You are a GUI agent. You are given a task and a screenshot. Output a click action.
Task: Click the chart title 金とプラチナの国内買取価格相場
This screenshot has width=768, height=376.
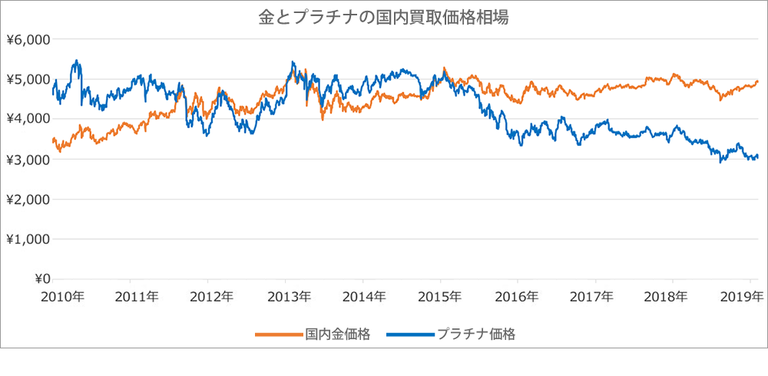[x=383, y=18]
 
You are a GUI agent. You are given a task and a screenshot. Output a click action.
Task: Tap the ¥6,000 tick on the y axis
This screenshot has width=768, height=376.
[x=28, y=40]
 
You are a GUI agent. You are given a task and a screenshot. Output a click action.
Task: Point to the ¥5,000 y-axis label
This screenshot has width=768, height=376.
[x=28, y=80]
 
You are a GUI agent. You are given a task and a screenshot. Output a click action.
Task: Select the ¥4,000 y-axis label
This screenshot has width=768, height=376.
[x=28, y=120]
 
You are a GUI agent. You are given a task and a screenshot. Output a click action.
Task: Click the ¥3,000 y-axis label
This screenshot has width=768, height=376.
[x=28, y=160]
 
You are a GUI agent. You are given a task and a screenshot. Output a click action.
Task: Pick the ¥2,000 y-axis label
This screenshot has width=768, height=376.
[x=28, y=200]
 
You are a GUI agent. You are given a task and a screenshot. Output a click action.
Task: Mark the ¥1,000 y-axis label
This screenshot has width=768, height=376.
[x=28, y=239]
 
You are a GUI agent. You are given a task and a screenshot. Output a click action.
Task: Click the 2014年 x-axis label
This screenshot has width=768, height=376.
[x=363, y=297]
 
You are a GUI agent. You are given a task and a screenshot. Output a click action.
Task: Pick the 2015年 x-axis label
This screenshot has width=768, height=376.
[x=441, y=297]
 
